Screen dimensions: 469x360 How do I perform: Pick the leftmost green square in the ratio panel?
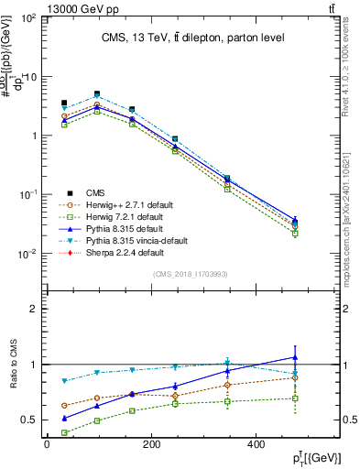64,432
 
